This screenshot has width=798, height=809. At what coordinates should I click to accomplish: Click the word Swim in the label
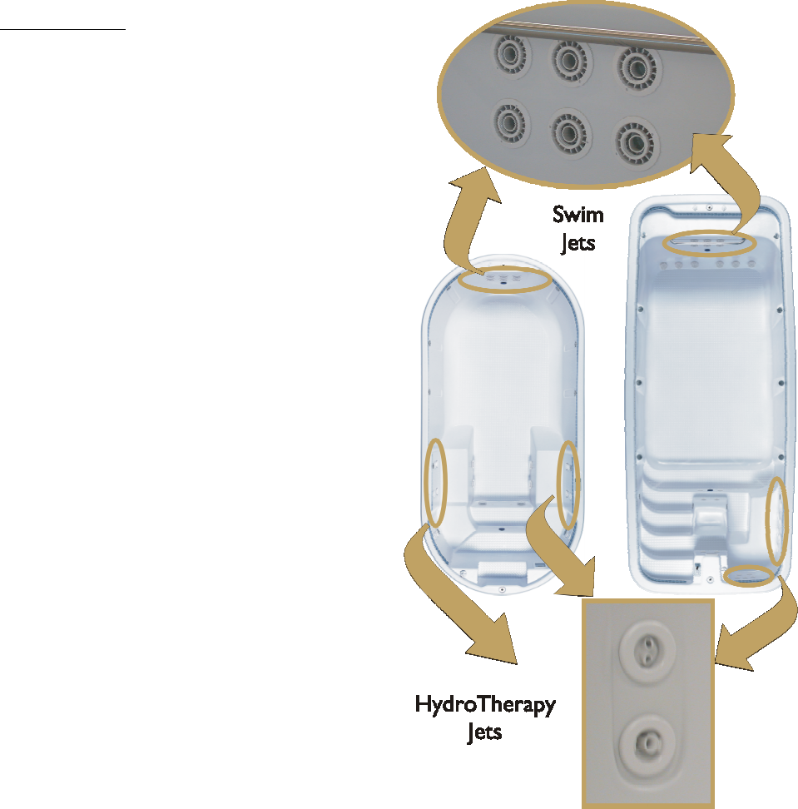578,216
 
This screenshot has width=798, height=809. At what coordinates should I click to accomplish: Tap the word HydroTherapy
485,706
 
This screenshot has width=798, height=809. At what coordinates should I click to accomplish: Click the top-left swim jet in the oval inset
507,59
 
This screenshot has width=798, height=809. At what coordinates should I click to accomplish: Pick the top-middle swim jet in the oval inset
570,60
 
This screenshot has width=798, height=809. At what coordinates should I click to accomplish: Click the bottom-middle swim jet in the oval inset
570,130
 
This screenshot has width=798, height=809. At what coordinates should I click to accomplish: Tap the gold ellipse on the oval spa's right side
568,484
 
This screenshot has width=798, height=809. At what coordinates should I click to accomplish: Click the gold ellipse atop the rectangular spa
710,243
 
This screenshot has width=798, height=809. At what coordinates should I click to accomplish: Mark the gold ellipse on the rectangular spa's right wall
776,520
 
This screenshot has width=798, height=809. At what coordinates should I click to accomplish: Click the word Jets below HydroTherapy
484,733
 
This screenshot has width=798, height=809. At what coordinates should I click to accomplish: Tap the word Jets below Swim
577,245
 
